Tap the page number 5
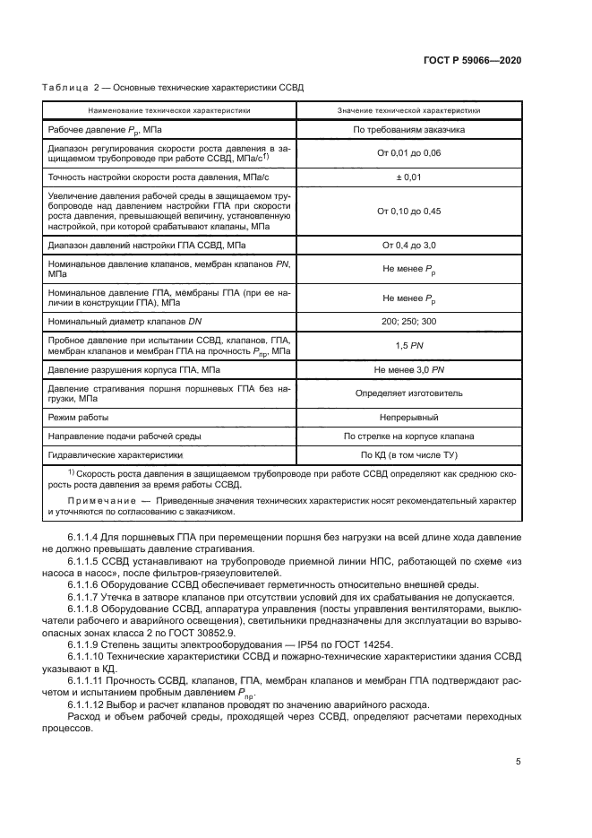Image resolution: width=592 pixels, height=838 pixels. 519,763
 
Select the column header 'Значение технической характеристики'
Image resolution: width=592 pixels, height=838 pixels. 408,110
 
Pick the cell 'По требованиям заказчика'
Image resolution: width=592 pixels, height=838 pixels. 408,130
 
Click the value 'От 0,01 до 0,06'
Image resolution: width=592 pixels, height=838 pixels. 408,153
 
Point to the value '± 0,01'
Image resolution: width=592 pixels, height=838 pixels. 408,177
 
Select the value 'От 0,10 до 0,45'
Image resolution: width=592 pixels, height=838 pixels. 408,212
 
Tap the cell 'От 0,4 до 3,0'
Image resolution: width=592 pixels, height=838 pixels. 408,245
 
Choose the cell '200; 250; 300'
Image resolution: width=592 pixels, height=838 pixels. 408,321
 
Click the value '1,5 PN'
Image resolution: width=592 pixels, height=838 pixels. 408,344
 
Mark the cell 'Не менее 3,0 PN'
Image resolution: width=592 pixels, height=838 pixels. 408,369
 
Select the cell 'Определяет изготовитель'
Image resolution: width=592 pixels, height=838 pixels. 408,393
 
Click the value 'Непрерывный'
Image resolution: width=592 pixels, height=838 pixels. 408,418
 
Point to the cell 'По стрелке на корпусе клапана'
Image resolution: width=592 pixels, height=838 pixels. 408,436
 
